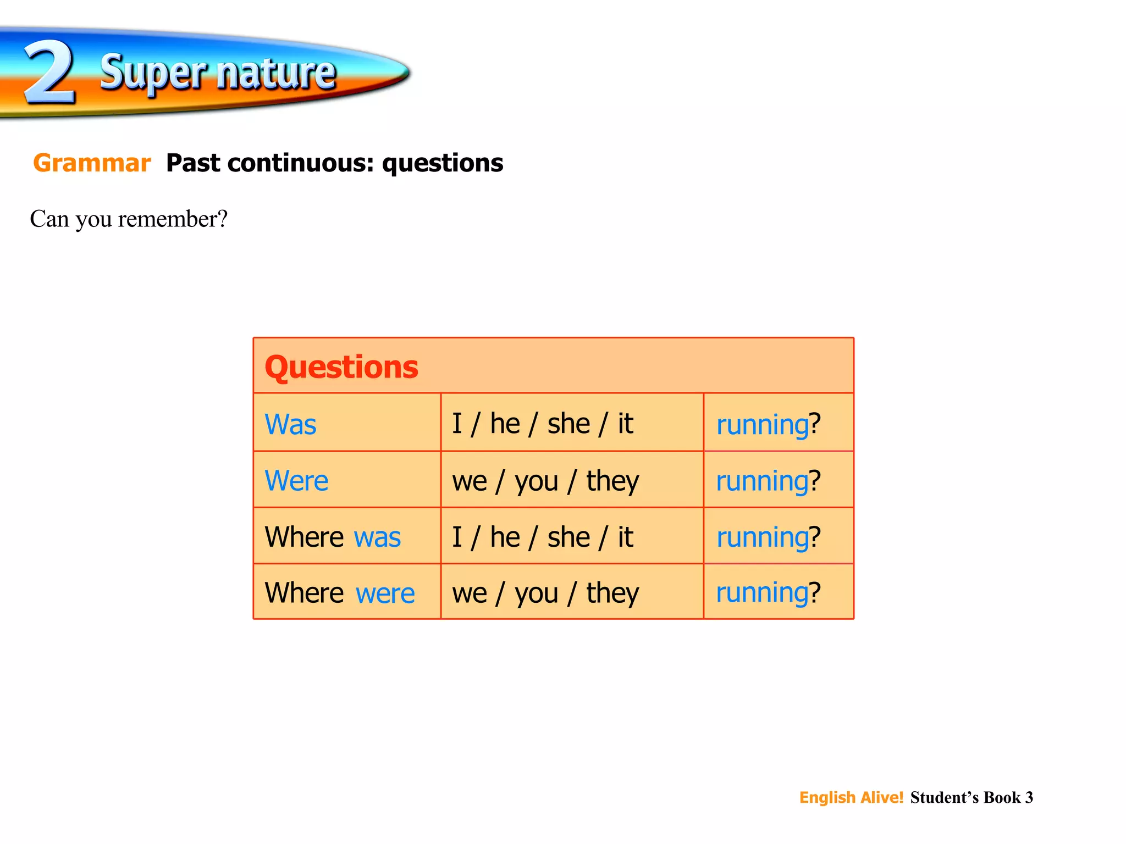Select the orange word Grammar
click(92, 163)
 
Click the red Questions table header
click(341, 367)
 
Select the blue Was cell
click(290, 425)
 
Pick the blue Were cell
click(296, 481)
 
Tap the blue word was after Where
click(377, 537)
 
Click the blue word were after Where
click(385, 593)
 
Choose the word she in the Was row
click(568, 424)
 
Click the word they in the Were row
click(612, 481)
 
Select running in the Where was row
click(762, 537)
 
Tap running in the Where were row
click(762, 593)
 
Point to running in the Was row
click(762, 425)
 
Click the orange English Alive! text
click(851, 797)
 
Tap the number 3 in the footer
click(1029, 797)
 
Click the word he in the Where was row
click(505, 537)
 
